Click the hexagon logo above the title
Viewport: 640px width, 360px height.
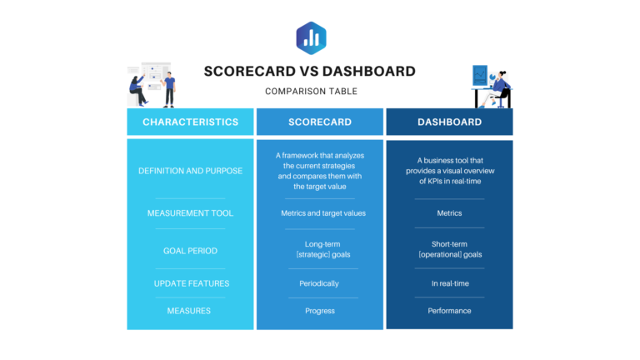pyautogui.click(x=311, y=37)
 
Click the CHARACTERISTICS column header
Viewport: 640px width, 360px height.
pyautogui.click(x=190, y=122)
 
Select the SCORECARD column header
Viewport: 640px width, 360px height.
pyautogui.click(x=319, y=122)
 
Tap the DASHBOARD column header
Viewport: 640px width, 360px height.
pyautogui.click(x=449, y=122)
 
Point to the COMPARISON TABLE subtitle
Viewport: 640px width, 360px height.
pyautogui.click(x=311, y=91)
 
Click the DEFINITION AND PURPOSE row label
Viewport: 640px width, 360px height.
pyautogui.click(x=190, y=171)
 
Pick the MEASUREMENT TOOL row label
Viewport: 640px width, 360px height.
pyautogui.click(x=190, y=213)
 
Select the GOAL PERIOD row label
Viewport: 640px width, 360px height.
pyautogui.click(x=190, y=249)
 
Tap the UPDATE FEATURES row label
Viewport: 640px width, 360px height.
pyautogui.click(x=190, y=283)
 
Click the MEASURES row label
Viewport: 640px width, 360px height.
pyautogui.click(x=190, y=311)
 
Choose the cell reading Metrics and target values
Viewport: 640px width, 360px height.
pyautogui.click(x=319, y=213)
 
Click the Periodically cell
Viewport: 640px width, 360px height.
pyautogui.click(x=319, y=283)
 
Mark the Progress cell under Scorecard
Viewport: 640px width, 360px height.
pyautogui.click(x=319, y=311)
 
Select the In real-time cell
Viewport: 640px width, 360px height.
pyautogui.click(x=449, y=283)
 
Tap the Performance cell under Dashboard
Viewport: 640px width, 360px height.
pyautogui.click(x=449, y=311)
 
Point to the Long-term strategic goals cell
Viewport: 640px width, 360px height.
pyautogui.click(x=319, y=249)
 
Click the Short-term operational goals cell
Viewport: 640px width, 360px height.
pyautogui.click(x=449, y=249)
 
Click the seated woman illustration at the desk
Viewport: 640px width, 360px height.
pyautogui.click(x=498, y=88)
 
